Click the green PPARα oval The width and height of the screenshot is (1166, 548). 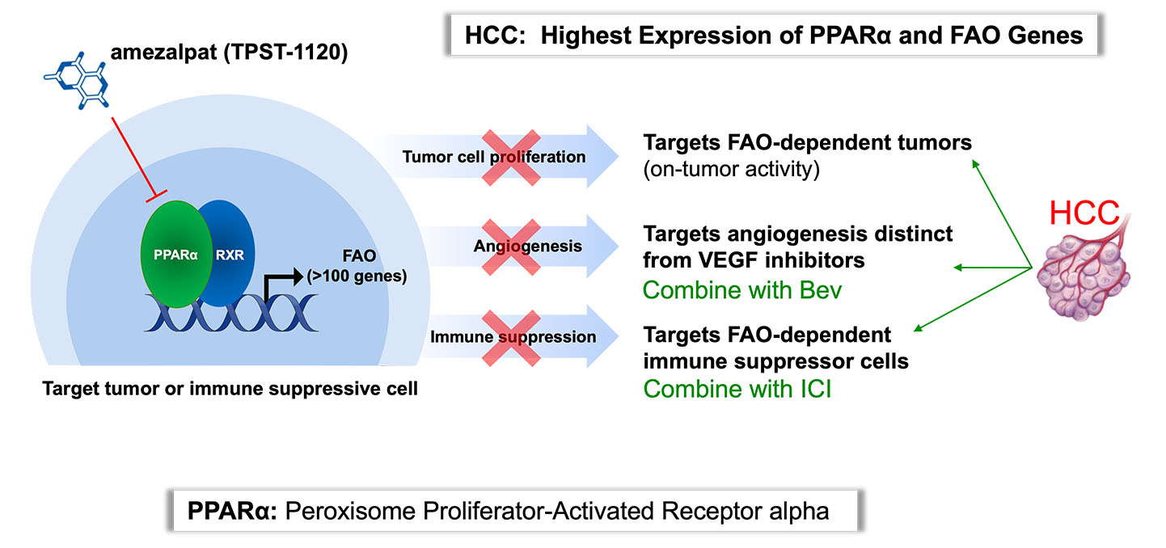[x=176, y=254]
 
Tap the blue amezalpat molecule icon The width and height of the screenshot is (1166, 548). [x=77, y=80]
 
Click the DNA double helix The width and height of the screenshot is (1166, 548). [x=231, y=313]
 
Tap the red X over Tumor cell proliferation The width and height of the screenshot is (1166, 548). [x=511, y=158]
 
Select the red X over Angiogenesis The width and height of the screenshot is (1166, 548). [x=511, y=247]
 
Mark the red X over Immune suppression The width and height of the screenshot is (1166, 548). [x=511, y=339]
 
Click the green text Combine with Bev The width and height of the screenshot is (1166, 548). [x=741, y=290]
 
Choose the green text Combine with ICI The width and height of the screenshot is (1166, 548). [x=737, y=389]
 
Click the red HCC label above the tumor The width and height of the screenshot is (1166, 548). [x=1084, y=213]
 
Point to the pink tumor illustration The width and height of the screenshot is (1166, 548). [x=1084, y=273]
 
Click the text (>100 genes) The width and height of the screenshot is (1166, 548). [x=357, y=276]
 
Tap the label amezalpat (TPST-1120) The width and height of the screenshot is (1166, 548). [x=229, y=52]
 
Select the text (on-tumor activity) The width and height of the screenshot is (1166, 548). [x=731, y=169]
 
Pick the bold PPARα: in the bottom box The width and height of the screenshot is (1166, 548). [x=232, y=511]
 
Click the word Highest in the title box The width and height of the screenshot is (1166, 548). [x=585, y=36]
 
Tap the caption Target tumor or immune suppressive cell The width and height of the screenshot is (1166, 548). [x=230, y=389]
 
